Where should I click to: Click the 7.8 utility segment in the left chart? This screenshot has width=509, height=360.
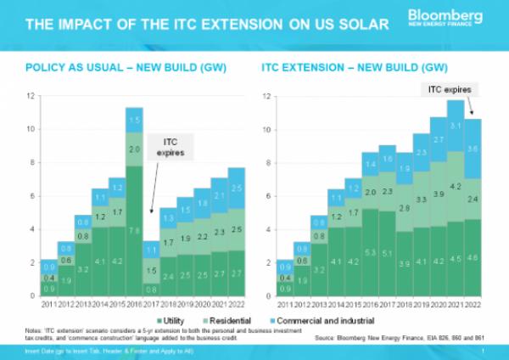point(132,230)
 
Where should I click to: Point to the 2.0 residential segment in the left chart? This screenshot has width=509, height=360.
point(132,149)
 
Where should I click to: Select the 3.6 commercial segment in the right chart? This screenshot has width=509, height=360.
point(473,149)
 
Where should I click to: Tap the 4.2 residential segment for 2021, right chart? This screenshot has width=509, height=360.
point(456,186)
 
